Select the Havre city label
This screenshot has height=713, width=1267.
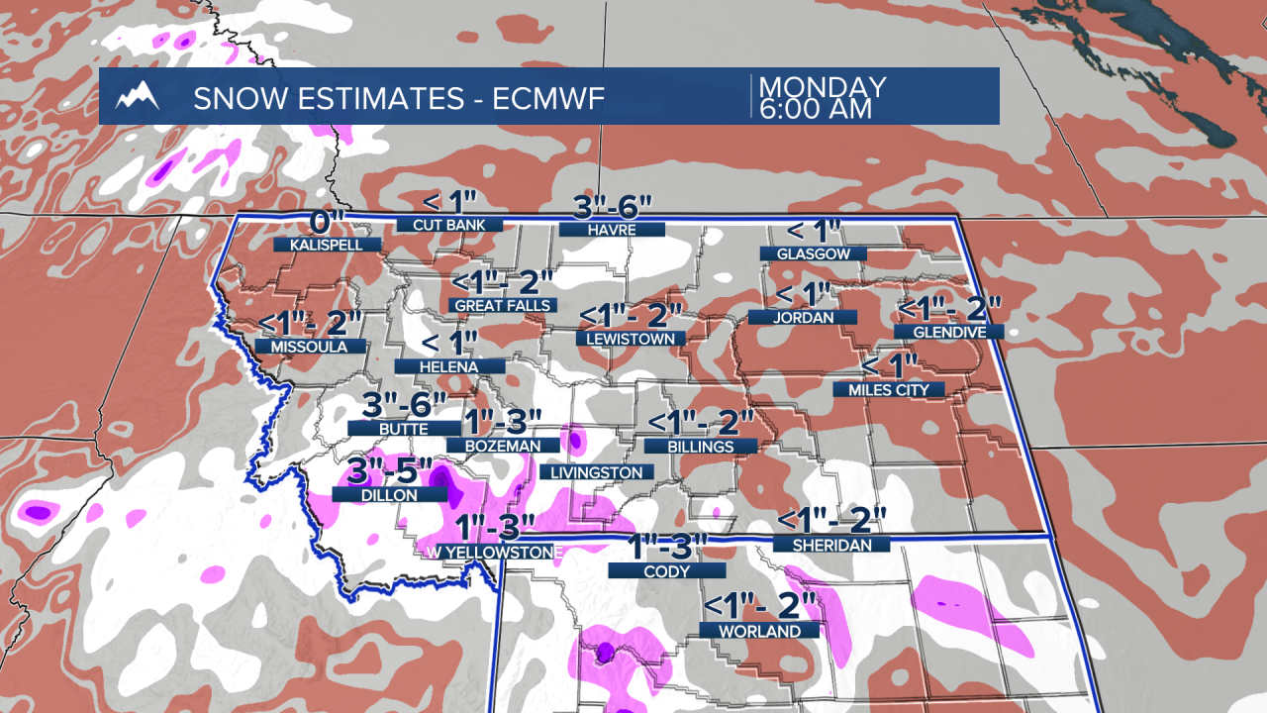tap(612, 230)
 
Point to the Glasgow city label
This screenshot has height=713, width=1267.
tap(813, 254)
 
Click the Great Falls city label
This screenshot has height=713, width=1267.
tap(502, 306)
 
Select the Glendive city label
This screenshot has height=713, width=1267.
tap(949, 332)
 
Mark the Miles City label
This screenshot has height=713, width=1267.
tap(888, 389)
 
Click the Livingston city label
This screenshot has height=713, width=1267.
tap(596, 472)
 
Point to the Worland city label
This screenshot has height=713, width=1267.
tap(760, 630)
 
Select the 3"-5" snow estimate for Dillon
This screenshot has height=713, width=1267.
tap(390, 471)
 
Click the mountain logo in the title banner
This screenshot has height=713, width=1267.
tap(138, 97)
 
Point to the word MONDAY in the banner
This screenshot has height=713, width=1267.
tap(822, 87)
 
